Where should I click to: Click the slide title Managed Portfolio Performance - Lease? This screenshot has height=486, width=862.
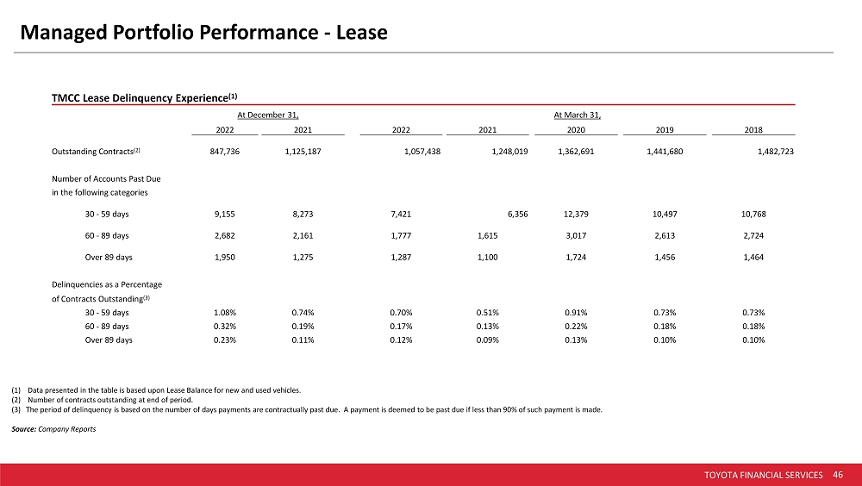[203, 33]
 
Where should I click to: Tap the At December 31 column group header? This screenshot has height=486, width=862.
[268, 115]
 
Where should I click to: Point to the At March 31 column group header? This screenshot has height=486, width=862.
[578, 115]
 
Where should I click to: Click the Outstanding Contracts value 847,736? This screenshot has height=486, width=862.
[225, 151]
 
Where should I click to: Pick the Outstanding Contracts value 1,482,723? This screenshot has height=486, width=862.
[775, 151]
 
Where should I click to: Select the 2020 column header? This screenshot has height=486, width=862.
[576, 130]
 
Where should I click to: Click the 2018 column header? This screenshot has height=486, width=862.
[753, 130]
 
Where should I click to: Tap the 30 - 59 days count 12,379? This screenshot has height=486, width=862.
[576, 214]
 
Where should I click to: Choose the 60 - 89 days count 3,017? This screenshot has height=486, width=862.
[576, 235]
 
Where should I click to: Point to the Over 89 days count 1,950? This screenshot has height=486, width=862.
[225, 257]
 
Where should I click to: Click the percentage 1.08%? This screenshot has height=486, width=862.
[225, 312]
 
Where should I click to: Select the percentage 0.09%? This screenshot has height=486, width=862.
[488, 340]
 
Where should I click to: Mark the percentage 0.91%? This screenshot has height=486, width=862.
[576, 312]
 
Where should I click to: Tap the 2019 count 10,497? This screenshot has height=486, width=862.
[665, 214]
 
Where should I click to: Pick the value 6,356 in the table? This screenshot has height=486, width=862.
[518, 214]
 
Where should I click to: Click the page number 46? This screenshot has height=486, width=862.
[838, 475]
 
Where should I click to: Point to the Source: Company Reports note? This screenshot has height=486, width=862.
[53, 429]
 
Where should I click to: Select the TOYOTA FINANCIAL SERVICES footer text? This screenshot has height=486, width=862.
[764, 475]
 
